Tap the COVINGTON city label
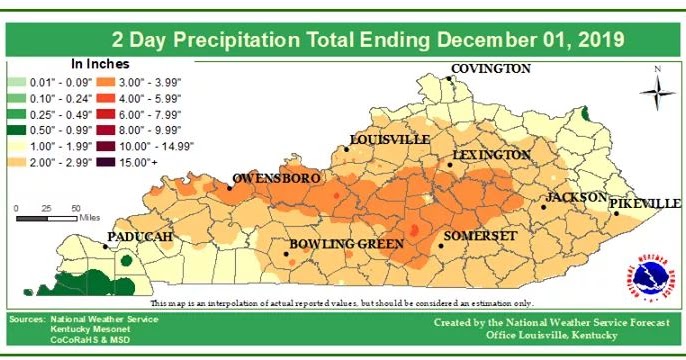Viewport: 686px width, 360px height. pos(490,69)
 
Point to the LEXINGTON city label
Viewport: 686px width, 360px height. pos(491,156)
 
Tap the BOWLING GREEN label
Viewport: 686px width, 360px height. pos(346,244)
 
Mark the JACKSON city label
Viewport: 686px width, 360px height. pos(577,197)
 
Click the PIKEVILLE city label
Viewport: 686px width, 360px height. pos(645,203)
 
